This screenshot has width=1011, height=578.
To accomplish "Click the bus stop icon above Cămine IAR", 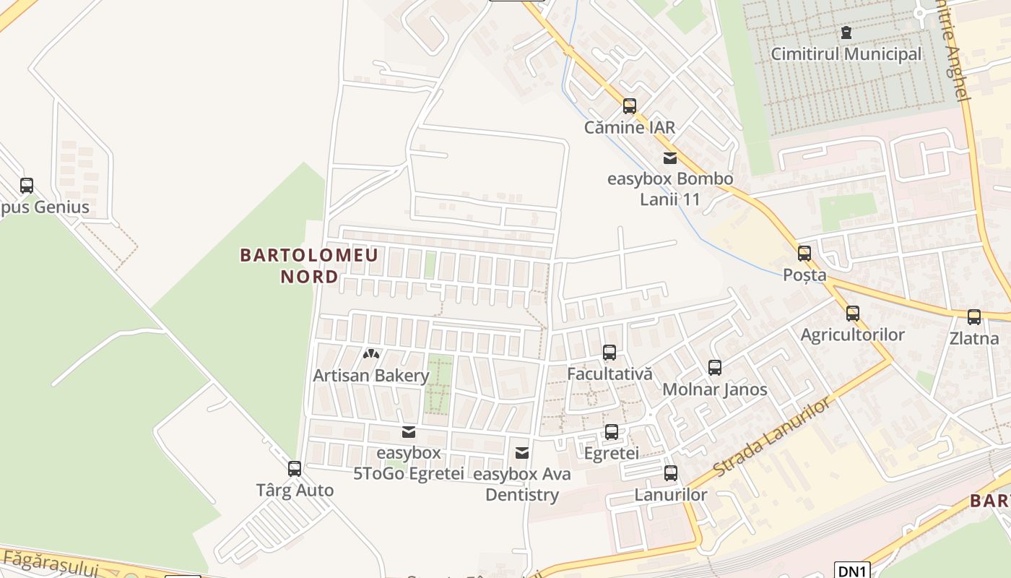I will pyautogui.click(x=630, y=106).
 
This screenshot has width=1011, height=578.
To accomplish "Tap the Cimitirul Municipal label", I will pyautogui.click(x=846, y=54).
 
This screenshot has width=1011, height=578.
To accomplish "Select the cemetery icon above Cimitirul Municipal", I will pyautogui.click(x=846, y=33).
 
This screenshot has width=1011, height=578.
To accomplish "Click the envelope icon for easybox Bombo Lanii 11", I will pyautogui.click(x=670, y=158).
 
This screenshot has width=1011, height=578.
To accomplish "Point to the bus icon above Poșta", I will pyautogui.click(x=804, y=254).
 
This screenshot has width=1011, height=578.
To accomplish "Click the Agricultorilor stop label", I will pyautogui.click(x=852, y=335).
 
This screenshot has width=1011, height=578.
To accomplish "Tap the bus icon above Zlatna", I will pyautogui.click(x=974, y=317).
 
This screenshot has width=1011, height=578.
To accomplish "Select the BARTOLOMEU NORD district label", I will pyautogui.click(x=309, y=265).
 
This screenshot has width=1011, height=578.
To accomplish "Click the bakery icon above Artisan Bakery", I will pyautogui.click(x=371, y=355).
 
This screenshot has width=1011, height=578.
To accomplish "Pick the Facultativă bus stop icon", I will pyautogui.click(x=609, y=353).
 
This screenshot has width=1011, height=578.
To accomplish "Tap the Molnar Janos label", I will pyautogui.click(x=714, y=389).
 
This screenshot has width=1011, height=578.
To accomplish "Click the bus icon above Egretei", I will pyautogui.click(x=612, y=432).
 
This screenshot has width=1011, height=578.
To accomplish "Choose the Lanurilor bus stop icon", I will pyautogui.click(x=671, y=474).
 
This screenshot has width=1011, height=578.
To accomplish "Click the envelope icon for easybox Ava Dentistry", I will pyautogui.click(x=522, y=453).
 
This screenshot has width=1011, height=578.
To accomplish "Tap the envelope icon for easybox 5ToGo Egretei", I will pyautogui.click(x=409, y=432).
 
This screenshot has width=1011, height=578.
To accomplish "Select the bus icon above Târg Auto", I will pyautogui.click(x=295, y=469).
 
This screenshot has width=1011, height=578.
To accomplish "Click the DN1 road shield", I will pyautogui.click(x=852, y=570).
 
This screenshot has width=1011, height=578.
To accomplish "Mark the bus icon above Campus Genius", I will pyautogui.click(x=27, y=186).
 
